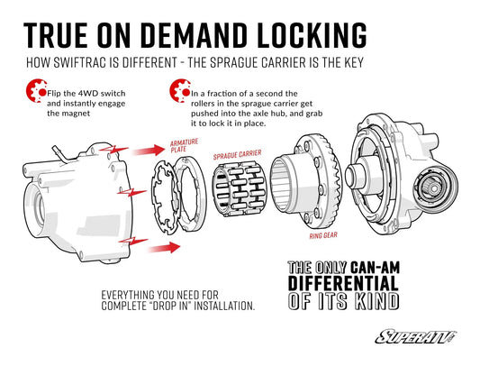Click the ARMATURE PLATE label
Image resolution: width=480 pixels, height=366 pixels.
(x=184, y=146)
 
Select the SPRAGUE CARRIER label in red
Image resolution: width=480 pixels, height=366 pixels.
(x=238, y=155)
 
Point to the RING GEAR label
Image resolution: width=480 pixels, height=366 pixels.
(x=323, y=235)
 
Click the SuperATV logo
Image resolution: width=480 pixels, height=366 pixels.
(x=416, y=337)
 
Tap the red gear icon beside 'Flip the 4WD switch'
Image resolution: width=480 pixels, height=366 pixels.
(x=36, y=90)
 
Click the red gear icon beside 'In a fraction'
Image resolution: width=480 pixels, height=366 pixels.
(x=180, y=90)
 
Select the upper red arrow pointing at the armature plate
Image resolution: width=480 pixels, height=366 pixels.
(x=149, y=151)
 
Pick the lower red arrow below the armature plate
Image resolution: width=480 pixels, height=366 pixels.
(x=165, y=247)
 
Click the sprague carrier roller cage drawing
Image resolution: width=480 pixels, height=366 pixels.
(x=240, y=189)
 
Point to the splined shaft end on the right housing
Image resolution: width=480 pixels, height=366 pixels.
(x=435, y=186)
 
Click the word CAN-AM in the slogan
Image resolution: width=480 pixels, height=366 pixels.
(x=375, y=268)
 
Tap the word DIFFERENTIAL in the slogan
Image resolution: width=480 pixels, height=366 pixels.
(x=343, y=283)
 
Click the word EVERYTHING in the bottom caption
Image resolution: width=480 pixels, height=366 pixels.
(x=129, y=295)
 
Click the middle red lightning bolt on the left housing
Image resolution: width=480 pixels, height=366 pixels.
(x=131, y=193)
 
